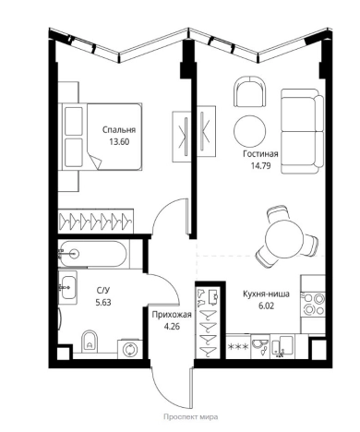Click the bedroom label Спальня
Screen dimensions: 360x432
coord(119,130)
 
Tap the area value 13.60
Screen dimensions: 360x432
coord(119,142)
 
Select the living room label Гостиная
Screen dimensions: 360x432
coord(260,154)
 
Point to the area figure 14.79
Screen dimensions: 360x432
coord(260,166)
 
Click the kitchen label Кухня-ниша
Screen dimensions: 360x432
coord(266,294)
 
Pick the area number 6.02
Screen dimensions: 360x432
coord(267,306)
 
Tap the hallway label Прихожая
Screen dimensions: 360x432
coord(172,315)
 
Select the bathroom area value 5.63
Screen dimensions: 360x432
coord(103,302)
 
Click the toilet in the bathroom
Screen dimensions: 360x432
coord(90,342)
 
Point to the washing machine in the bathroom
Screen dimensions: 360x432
coord(130,350)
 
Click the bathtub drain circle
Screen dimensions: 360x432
coord(75,254)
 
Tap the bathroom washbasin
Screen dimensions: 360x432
coord(68,287)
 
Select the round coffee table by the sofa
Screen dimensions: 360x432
coord(249,130)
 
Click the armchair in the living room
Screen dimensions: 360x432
coord(249,91)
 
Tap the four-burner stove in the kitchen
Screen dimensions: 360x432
coord(313,305)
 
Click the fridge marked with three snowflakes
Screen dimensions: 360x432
coord(238,347)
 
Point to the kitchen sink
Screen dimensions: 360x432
coord(260,347)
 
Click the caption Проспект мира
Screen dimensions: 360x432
coord(191,417)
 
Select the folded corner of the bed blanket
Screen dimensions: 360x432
coord(97,162)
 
